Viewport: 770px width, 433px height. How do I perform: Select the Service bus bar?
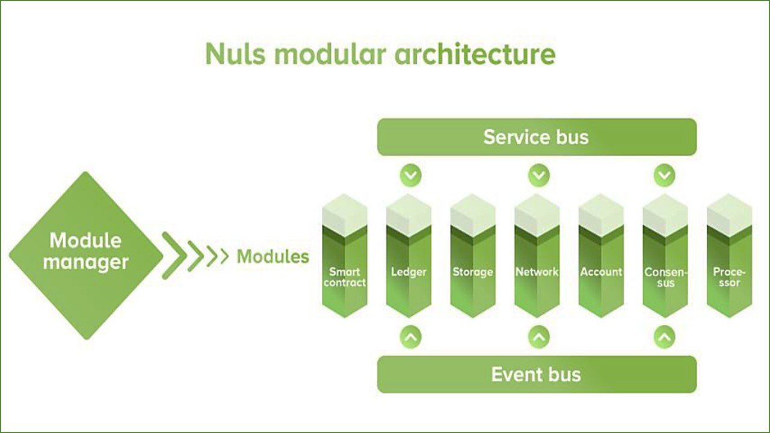pos(537,137)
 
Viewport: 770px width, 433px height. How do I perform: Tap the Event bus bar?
pos(537,374)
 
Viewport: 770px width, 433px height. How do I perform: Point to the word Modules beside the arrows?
pos(273,257)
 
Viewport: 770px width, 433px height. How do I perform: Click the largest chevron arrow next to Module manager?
pos(174,256)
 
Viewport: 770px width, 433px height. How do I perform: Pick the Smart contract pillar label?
pos(345,277)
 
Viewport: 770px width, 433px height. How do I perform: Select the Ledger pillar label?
pos(409,272)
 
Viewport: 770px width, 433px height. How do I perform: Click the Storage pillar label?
pos(473,272)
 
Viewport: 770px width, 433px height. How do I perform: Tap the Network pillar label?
pos(537,272)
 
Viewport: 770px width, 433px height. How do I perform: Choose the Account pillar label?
pos(601,272)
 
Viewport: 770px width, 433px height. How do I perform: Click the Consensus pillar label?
pos(665,277)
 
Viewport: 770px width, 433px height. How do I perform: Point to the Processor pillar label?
pos(729,277)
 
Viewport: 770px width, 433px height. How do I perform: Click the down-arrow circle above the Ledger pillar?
pos(411,176)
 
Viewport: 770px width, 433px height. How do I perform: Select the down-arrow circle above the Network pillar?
pos(539,176)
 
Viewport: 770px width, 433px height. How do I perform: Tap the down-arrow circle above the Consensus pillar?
pos(664,176)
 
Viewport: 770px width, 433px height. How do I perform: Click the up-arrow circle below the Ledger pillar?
pos(411,337)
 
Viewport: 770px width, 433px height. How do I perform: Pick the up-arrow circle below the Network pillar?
pos(539,337)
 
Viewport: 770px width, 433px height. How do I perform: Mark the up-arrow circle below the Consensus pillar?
pos(664,337)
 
